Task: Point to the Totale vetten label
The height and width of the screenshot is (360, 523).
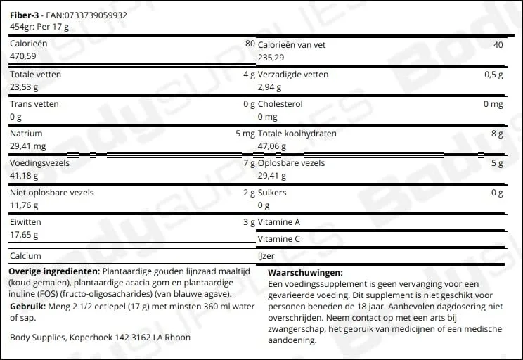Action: click(x=35, y=75)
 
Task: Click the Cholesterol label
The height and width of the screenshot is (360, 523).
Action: click(x=280, y=104)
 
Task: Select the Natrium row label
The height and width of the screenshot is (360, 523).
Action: click(x=26, y=134)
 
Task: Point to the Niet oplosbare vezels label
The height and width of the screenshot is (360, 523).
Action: click(x=51, y=193)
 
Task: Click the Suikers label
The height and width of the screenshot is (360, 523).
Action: click(x=273, y=193)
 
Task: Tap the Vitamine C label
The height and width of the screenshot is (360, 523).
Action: click(x=279, y=239)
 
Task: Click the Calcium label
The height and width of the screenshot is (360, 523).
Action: click(x=25, y=256)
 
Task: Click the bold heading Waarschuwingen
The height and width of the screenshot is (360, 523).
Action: click(x=305, y=272)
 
